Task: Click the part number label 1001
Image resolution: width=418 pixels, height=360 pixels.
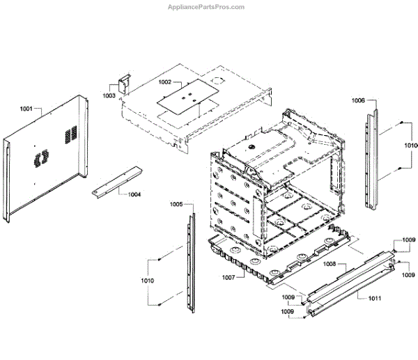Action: pos(26,109)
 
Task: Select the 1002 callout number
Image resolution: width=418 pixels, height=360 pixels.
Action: pos(164,82)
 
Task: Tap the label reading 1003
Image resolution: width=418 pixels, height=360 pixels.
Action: pos(109,95)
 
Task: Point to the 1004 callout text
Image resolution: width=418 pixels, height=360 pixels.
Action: pos(134,194)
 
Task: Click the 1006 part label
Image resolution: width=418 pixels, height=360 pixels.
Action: pos(358,100)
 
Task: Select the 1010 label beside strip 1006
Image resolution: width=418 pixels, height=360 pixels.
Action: pos(411,146)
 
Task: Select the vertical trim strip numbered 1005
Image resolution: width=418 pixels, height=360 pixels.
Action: pos(189,262)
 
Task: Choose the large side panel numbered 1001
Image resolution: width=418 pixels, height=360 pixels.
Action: pos(45,160)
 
